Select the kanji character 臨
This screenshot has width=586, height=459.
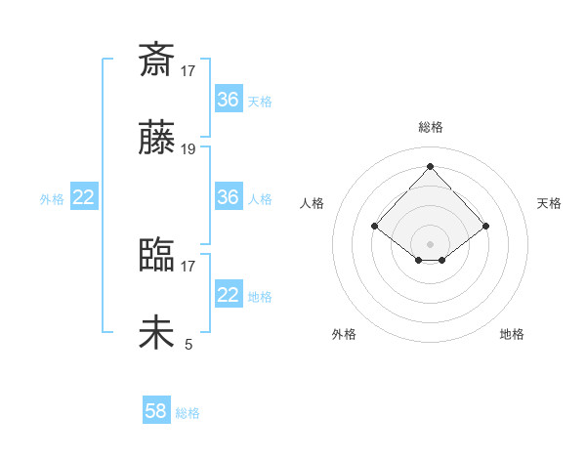(157, 255)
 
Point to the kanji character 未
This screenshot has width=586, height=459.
(157, 333)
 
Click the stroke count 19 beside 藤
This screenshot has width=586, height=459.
(188, 149)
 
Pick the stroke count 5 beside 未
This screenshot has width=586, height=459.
(188, 344)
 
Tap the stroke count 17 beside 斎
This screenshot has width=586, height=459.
(188, 70)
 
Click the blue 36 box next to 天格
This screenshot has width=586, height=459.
(228, 100)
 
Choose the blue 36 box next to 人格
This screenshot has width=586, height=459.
(228, 197)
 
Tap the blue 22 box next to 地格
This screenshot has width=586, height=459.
(228, 295)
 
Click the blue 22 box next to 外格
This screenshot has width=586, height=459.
(84, 197)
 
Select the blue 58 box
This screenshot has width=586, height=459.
(156, 411)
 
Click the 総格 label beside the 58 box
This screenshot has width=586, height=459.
(188, 413)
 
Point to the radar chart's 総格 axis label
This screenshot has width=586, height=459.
(431, 127)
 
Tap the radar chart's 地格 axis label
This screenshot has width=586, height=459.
(512, 334)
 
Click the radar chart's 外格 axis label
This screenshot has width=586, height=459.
(344, 334)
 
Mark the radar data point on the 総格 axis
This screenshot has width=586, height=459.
(430, 166)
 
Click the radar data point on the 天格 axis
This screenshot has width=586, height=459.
(485, 226)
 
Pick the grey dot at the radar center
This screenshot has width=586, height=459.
(430, 243)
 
